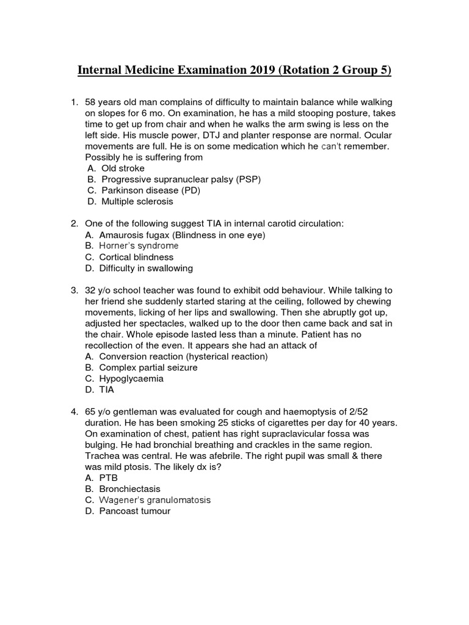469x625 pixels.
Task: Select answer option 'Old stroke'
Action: pyautogui.click(x=123, y=167)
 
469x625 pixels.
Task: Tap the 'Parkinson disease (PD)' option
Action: pyautogui.click(x=151, y=190)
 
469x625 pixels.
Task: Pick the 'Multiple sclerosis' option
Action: pyautogui.click(x=137, y=201)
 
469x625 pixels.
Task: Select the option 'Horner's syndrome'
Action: pyautogui.click(x=140, y=246)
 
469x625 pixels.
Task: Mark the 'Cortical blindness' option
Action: pyautogui.click(x=137, y=257)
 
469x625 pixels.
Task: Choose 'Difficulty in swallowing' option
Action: pyautogui.click(x=147, y=268)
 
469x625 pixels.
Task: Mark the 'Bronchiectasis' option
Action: pyautogui.click(x=131, y=489)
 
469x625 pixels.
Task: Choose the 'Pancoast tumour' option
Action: pyautogui.click(x=136, y=511)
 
